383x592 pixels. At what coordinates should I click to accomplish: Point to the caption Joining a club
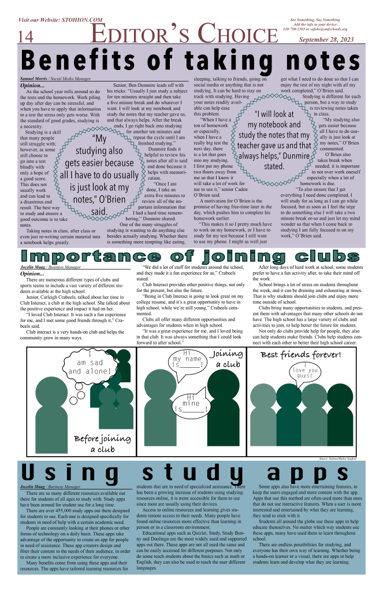point(227,359)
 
